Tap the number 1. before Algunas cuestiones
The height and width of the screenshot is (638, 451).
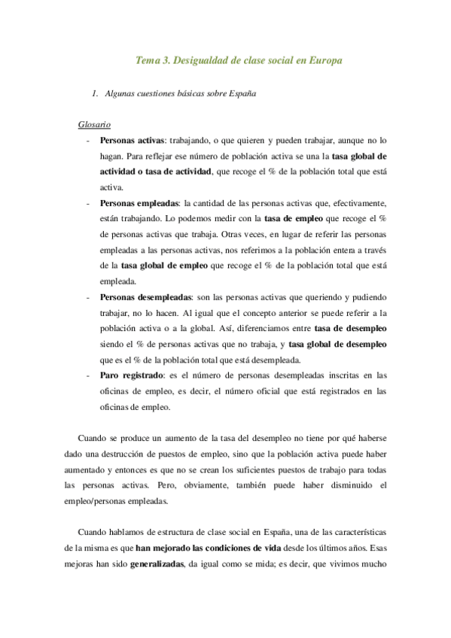95,94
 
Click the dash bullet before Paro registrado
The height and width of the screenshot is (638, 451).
89,375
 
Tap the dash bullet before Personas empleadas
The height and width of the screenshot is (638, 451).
89,203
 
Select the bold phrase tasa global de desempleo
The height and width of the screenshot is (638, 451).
337,344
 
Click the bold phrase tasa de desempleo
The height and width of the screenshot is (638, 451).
350,329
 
